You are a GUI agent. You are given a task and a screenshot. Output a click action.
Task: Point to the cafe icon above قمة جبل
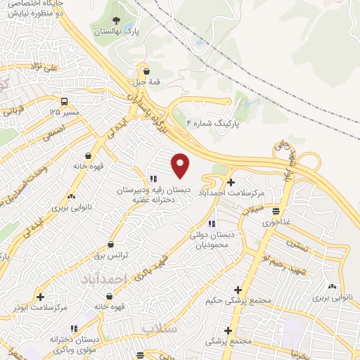[146, 70]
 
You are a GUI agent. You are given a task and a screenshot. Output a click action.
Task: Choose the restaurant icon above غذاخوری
[276, 211]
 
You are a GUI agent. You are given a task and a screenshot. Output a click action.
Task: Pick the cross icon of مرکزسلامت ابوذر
[40, 297]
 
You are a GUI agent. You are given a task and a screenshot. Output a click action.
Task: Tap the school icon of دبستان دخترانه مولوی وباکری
[74, 328]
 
